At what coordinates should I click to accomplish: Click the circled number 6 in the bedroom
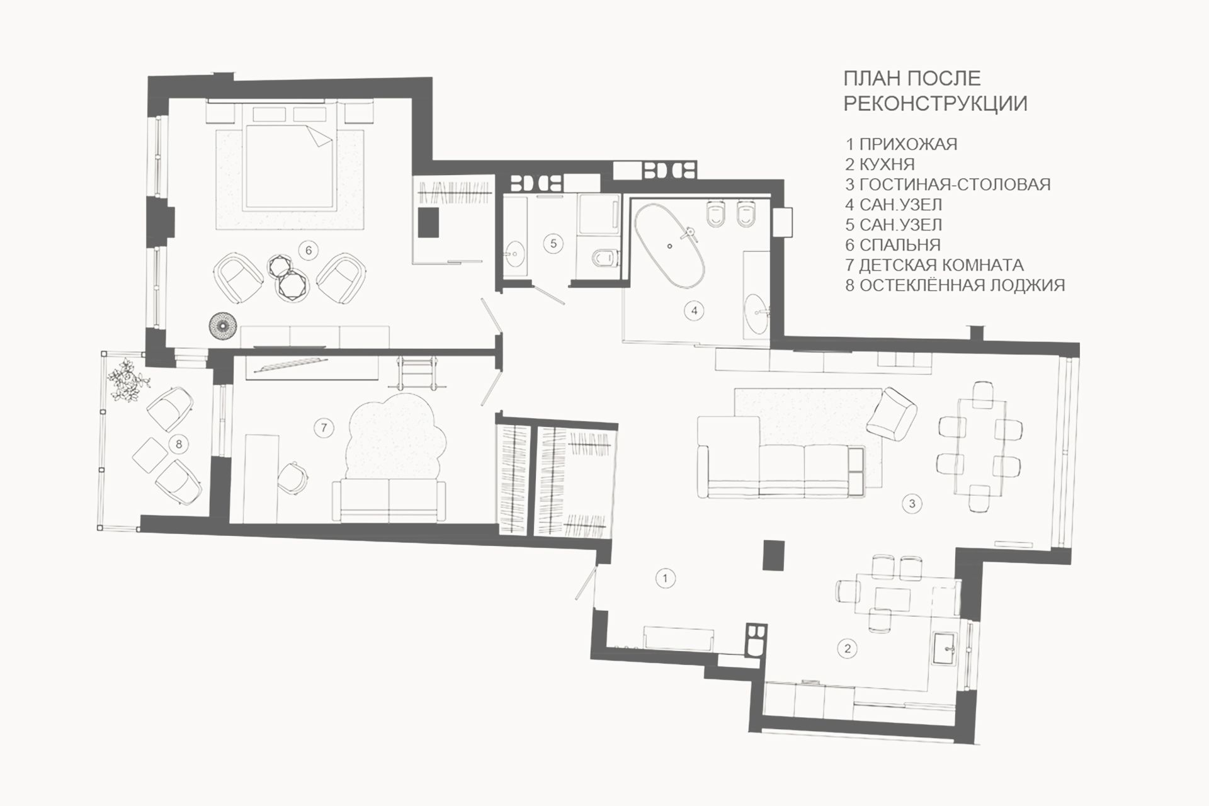[x=309, y=250]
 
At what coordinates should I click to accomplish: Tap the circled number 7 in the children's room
[x=324, y=428]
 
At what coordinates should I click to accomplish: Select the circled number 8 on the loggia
[x=179, y=444]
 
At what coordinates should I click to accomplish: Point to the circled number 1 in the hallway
[x=666, y=577]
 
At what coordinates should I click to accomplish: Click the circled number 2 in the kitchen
[x=848, y=648]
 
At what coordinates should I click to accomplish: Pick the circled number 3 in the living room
[x=912, y=503]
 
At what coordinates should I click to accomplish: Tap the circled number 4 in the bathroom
[x=694, y=310]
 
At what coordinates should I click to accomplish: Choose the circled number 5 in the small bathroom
[x=553, y=243]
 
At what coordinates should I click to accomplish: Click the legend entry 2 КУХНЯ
[x=880, y=164]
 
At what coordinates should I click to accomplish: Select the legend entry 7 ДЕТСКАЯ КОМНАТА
[x=934, y=265]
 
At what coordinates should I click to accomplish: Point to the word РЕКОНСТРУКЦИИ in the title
[x=935, y=103]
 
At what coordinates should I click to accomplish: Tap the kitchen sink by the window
[x=948, y=649]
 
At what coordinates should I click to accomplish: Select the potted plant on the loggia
[x=128, y=378]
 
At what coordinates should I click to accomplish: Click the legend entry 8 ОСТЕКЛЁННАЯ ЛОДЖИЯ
[x=955, y=285]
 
